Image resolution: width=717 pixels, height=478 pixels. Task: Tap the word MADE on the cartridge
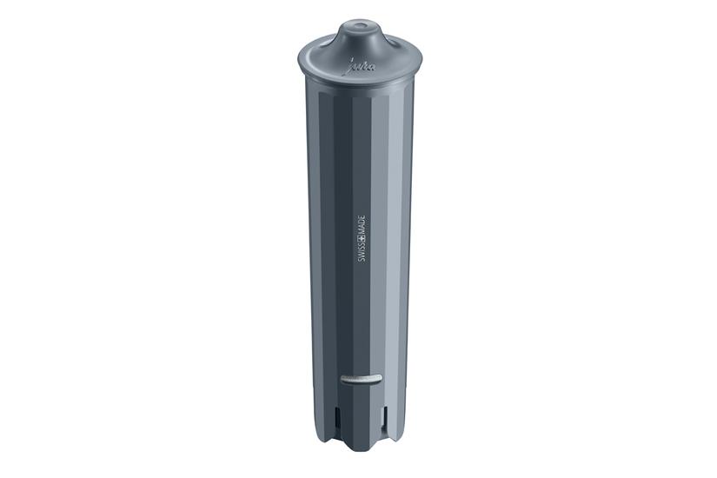[360, 216]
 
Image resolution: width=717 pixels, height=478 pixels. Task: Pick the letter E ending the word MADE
[360, 207]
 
